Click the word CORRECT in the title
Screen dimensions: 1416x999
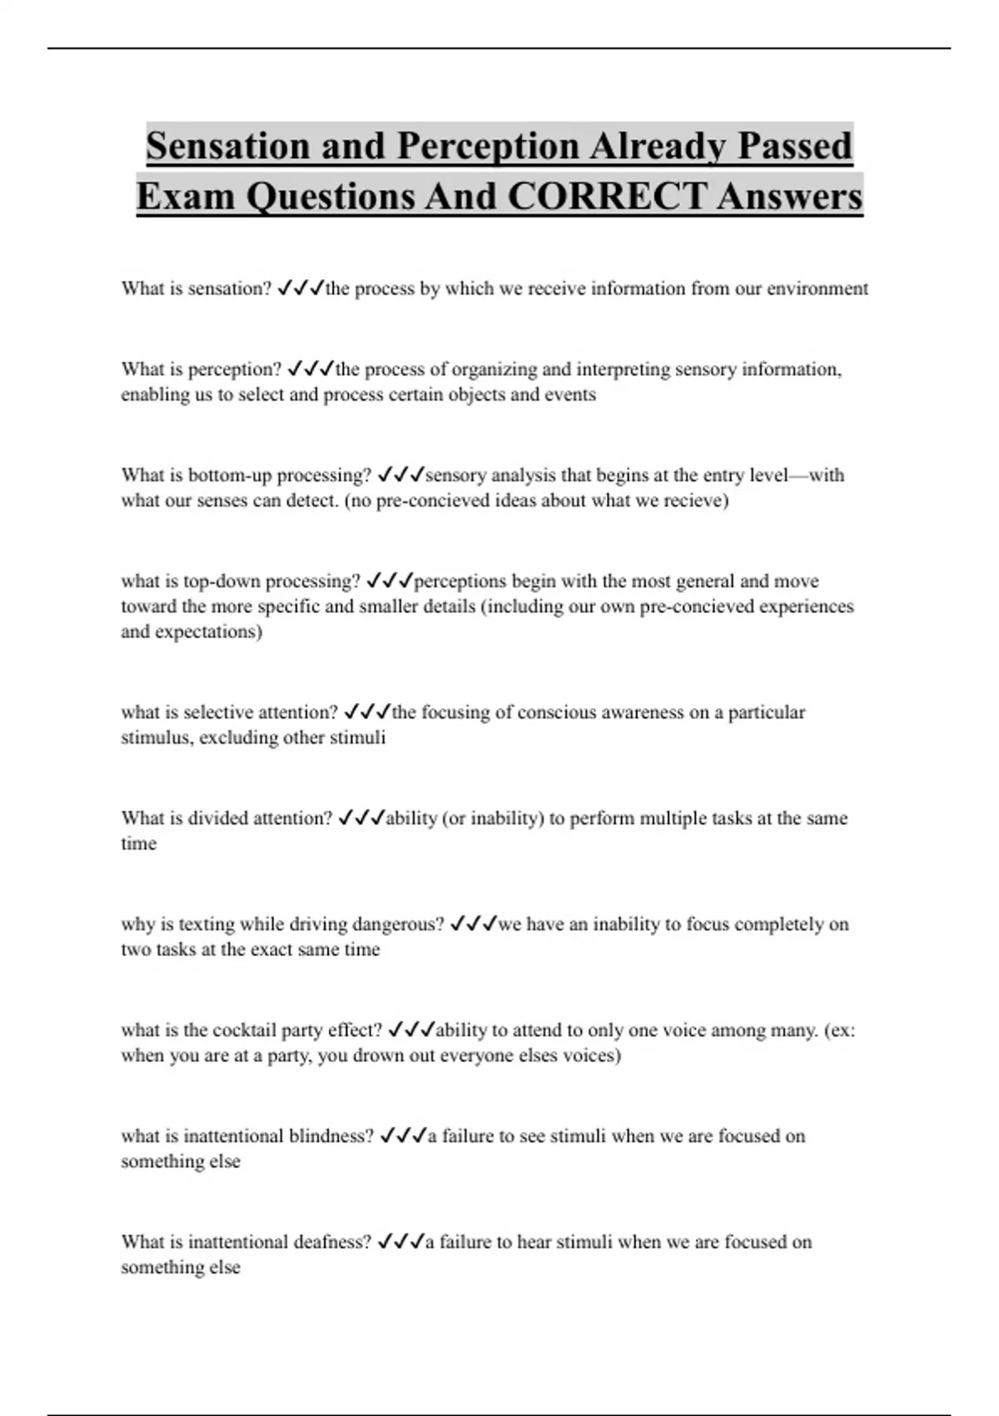pyautogui.click(x=606, y=197)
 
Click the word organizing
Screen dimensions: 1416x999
pyautogui.click(x=495, y=369)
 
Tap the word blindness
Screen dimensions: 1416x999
pyautogui.click(x=331, y=1136)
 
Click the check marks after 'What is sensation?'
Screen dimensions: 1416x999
pyautogui.click(x=299, y=288)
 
